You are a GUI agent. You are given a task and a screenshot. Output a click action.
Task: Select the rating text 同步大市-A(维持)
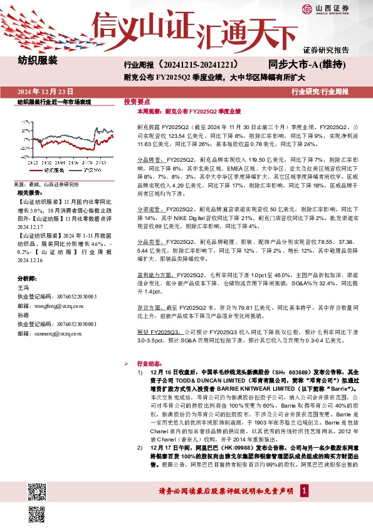click(307, 64)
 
